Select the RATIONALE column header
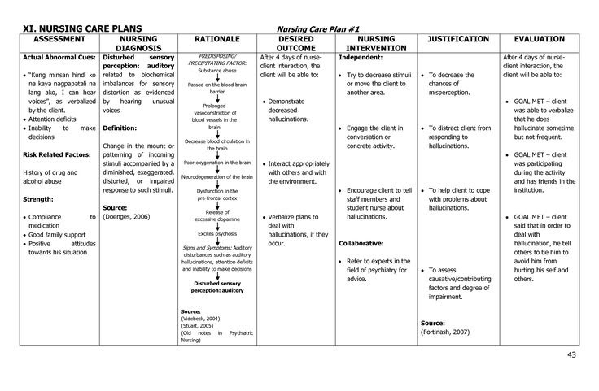[x=216, y=39]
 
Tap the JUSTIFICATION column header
[x=458, y=39]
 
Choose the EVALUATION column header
[x=544, y=39]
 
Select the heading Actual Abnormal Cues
[x=59, y=59]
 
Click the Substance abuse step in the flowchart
[x=216, y=71]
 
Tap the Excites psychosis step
[x=216, y=233]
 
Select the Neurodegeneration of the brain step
[x=216, y=176]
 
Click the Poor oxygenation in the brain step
[x=216, y=161]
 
